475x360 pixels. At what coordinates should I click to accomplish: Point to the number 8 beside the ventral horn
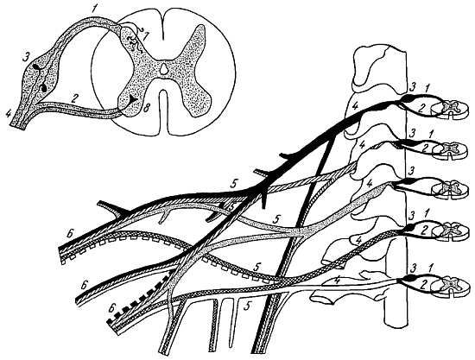pyautogui.click(x=146, y=108)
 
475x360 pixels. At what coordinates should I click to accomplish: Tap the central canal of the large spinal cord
pyautogui.click(x=163, y=68)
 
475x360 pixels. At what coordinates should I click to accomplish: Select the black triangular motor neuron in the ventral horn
pyautogui.click(x=133, y=98)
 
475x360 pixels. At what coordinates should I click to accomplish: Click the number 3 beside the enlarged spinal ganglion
pyautogui.click(x=27, y=57)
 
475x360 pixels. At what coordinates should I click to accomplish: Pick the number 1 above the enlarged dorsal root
pyautogui.click(x=95, y=9)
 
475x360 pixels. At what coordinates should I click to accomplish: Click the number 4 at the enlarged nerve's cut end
pyautogui.click(x=9, y=114)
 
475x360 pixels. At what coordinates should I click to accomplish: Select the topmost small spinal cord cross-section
pyautogui.click(x=451, y=109)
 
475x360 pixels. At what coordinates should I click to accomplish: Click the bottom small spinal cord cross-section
pyautogui.click(x=452, y=287)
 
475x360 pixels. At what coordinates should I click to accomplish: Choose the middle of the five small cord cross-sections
pyautogui.click(x=451, y=188)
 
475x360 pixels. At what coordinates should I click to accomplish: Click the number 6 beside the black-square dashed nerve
pyautogui.click(x=111, y=309)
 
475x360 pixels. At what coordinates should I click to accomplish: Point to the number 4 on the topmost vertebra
pyautogui.click(x=355, y=106)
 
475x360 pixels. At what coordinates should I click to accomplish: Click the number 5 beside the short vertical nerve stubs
pyautogui.click(x=248, y=307)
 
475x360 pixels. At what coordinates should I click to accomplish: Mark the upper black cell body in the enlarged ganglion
pyautogui.click(x=39, y=67)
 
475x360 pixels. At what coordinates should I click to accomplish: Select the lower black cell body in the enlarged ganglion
pyautogui.click(x=43, y=88)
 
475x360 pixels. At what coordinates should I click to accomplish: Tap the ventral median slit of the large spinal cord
pyautogui.click(x=163, y=112)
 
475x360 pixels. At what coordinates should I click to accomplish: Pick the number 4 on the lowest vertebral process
pyautogui.click(x=337, y=281)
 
